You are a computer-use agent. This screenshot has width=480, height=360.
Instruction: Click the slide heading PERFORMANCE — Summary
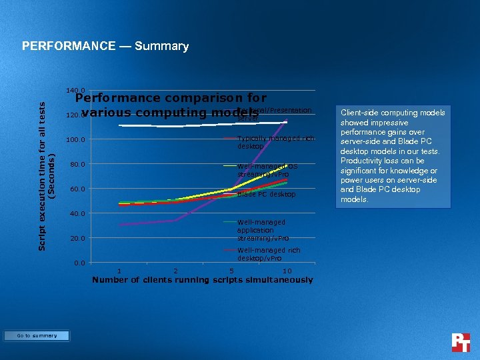(105, 46)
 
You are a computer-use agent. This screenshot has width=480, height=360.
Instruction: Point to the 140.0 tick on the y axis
(75, 91)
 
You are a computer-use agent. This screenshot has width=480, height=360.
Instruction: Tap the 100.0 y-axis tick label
(75, 140)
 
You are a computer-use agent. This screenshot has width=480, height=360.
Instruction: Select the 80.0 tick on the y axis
(75, 165)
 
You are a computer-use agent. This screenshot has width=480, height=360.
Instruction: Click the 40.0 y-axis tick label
(75, 214)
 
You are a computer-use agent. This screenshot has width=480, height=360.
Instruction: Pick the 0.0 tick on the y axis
(79, 263)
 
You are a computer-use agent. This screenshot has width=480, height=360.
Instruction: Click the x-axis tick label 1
(119, 271)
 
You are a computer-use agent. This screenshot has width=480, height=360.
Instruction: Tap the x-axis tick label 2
(175, 271)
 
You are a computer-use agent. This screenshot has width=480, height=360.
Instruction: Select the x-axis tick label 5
(231, 271)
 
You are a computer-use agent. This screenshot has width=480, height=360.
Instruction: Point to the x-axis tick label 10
(287, 271)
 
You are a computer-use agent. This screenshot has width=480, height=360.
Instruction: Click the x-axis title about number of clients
(202, 280)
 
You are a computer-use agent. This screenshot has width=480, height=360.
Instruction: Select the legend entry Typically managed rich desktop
(274, 142)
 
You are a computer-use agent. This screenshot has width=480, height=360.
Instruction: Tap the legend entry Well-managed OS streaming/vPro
(267, 170)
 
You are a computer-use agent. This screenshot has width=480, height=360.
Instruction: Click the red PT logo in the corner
(461, 342)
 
